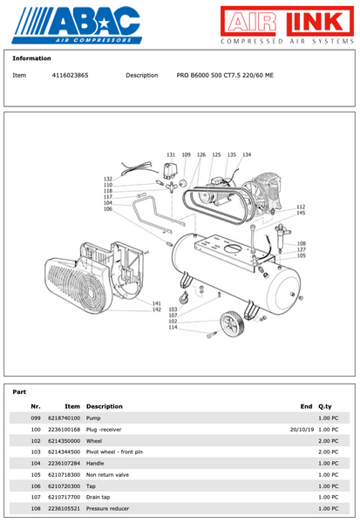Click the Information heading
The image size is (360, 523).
pos(31,58)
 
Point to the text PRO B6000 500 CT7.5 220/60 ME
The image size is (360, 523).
pos(224,76)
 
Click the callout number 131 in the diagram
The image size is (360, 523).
pos(171,154)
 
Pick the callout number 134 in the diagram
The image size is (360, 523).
pos(247,154)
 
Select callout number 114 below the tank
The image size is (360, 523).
pos(173,328)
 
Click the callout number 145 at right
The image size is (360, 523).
pos(301,213)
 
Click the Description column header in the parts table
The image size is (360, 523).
pos(104,406)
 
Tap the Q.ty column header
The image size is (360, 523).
pos(326,406)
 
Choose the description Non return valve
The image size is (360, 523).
pos(107,474)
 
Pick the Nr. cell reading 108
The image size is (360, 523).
pos(36,507)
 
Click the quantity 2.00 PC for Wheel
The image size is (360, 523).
pos(328,441)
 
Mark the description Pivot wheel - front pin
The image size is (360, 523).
pos(114,452)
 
